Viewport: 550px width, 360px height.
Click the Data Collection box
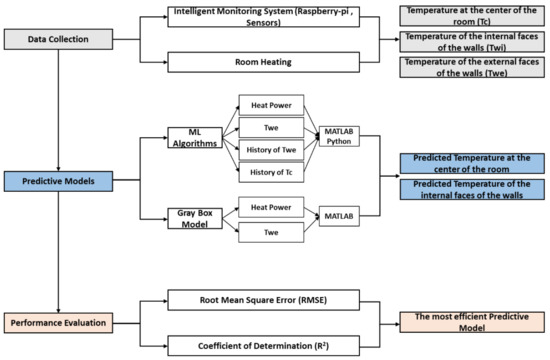coord(58,39)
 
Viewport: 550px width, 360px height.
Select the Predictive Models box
coord(58,181)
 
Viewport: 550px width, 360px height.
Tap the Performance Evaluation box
coord(58,323)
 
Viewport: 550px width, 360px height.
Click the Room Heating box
coord(263,62)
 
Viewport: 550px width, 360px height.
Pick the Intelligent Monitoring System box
coord(263,17)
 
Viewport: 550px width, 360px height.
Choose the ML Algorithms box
coord(195,138)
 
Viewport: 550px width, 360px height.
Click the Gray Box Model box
coord(195,219)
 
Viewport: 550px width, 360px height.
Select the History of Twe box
coord(271,150)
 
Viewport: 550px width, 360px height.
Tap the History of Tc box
coord(271,172)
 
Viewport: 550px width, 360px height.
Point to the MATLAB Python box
coord(339,136)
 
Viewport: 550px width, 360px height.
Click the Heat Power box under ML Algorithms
coord(271,105)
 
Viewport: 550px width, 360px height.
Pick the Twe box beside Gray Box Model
coord(271,232)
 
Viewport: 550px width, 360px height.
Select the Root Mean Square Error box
coord(263,300)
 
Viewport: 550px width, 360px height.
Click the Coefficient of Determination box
coord(263,346)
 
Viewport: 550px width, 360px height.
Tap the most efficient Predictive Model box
coord(472,322)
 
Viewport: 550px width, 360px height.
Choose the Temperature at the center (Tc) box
coord(472,16)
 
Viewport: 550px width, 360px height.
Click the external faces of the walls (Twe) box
coord(472,67)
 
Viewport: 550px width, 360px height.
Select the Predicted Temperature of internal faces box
coord(472,189)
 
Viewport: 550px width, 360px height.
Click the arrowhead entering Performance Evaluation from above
coord(58,311)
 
